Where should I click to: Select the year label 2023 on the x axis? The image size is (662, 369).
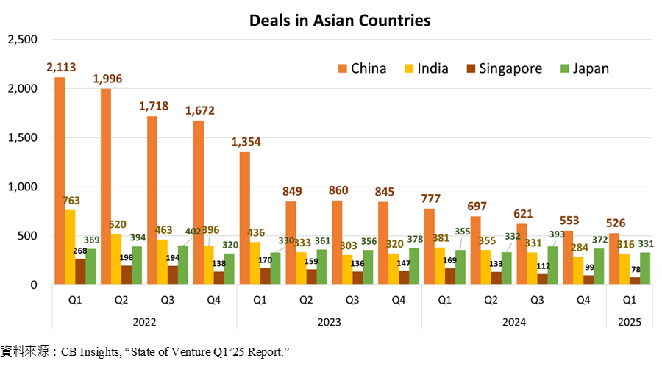coord(329,320)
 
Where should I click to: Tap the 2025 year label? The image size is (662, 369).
coord(630,320)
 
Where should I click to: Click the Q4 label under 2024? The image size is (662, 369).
coord(583,300)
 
